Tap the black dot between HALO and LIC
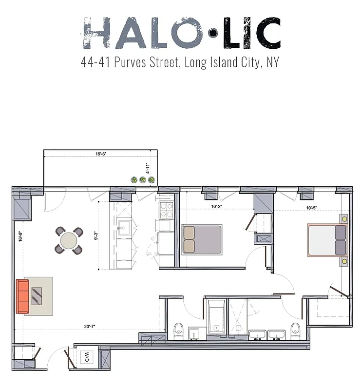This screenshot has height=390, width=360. point(212,33)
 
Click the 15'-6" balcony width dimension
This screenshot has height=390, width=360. point(101,154)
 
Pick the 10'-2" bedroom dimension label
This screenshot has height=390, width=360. point(217,206)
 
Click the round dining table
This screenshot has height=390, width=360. point(69,240)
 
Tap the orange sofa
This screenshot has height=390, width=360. point(22,296)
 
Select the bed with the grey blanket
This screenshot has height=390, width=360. point(202,239)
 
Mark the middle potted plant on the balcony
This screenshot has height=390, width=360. point(143,180)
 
